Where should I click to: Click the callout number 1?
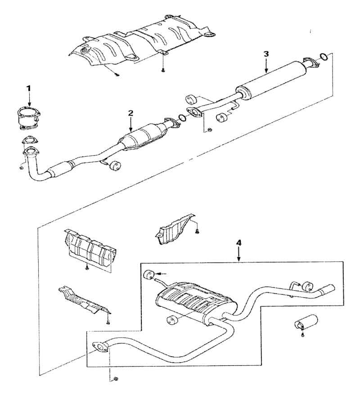(29, 89)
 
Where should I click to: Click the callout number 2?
(130, 113)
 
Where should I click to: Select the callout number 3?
(266, 54)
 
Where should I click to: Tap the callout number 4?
(239, 243)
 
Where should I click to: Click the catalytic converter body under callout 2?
(143, 137)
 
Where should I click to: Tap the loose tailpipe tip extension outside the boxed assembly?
(306, 322)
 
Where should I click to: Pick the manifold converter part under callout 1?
(29, 118)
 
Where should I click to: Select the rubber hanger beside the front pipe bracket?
(114, 166)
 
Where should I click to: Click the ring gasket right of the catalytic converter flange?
(182, 118)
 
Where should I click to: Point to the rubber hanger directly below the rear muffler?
(172, 320)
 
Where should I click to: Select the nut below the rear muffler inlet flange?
(116, 379)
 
